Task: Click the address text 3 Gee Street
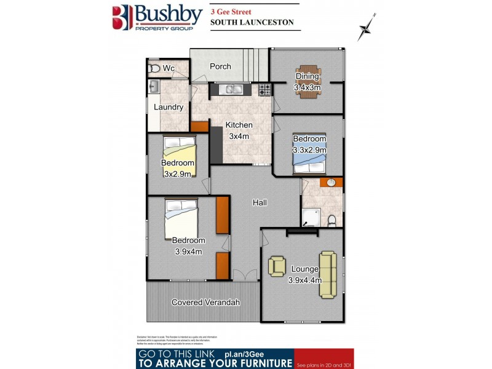(232, 11)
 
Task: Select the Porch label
(220, 66)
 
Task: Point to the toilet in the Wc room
(154, 68)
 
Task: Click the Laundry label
(169, 107)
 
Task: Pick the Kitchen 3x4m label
(239, 130)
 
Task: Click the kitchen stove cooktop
(264, 90)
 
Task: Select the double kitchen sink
(233, 90)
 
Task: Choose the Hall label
(260, 202)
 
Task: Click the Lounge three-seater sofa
(327, 274)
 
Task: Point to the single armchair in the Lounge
(277, 266)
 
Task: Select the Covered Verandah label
(205, 303)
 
